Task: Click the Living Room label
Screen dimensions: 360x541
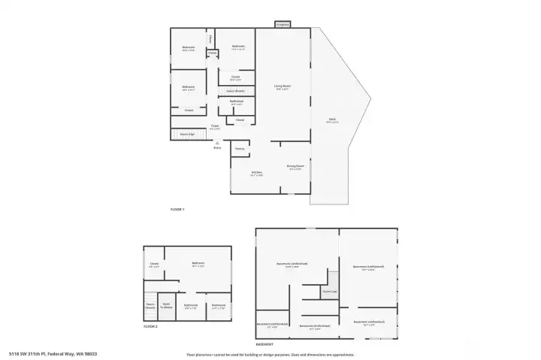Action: (283, 87)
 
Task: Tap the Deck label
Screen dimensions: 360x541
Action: (331, 119)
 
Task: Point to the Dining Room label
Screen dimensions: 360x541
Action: (295, 166)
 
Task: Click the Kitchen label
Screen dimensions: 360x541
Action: (256, 174)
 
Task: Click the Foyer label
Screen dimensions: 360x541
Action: (214, 126)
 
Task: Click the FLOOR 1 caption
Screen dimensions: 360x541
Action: (177, 208)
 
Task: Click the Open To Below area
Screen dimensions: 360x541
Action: (167, 306)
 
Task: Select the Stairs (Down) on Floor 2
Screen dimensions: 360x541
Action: (150, 306)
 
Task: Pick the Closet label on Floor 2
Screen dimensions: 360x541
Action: (154, 264)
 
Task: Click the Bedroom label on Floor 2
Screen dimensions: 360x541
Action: (198, 265)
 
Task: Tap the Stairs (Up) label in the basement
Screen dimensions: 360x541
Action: (329, 291)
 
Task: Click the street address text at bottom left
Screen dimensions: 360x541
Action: (53, 352)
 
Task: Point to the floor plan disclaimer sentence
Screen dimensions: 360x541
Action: (270, 354)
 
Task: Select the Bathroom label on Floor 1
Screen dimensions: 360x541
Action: (236, 101)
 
